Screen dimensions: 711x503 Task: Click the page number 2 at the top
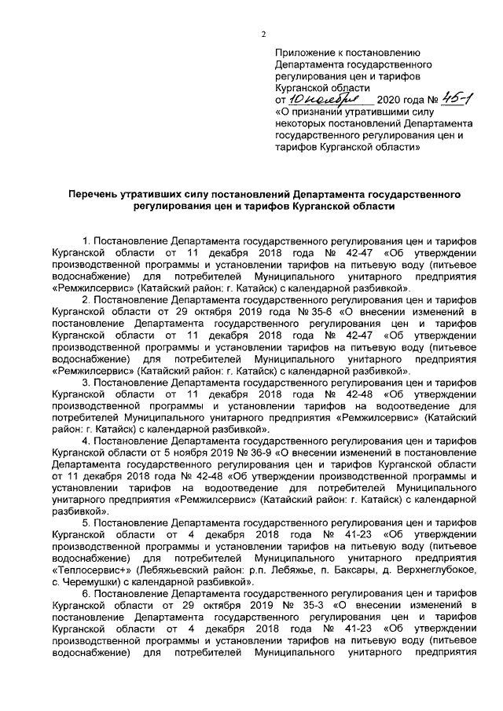pos(264,32)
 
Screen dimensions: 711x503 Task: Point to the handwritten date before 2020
pos(324,101)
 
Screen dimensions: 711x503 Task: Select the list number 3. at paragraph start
pos(86,382)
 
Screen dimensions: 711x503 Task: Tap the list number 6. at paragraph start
pos(86,592)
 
